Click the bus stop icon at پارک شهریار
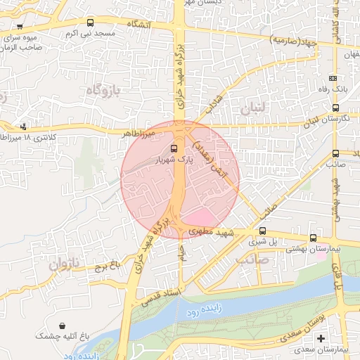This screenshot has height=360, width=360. pyautogui.click(x=174, y=148)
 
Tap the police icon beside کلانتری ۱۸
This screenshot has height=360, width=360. pyautogui.click(x=24, y=127)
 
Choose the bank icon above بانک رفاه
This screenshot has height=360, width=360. pyautogui.click(x=333, y=79)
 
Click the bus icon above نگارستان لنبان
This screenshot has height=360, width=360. pyautogui.click(x=335, y=108)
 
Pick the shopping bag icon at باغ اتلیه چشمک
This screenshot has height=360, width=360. pyautogui.click(x=65, y=327)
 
